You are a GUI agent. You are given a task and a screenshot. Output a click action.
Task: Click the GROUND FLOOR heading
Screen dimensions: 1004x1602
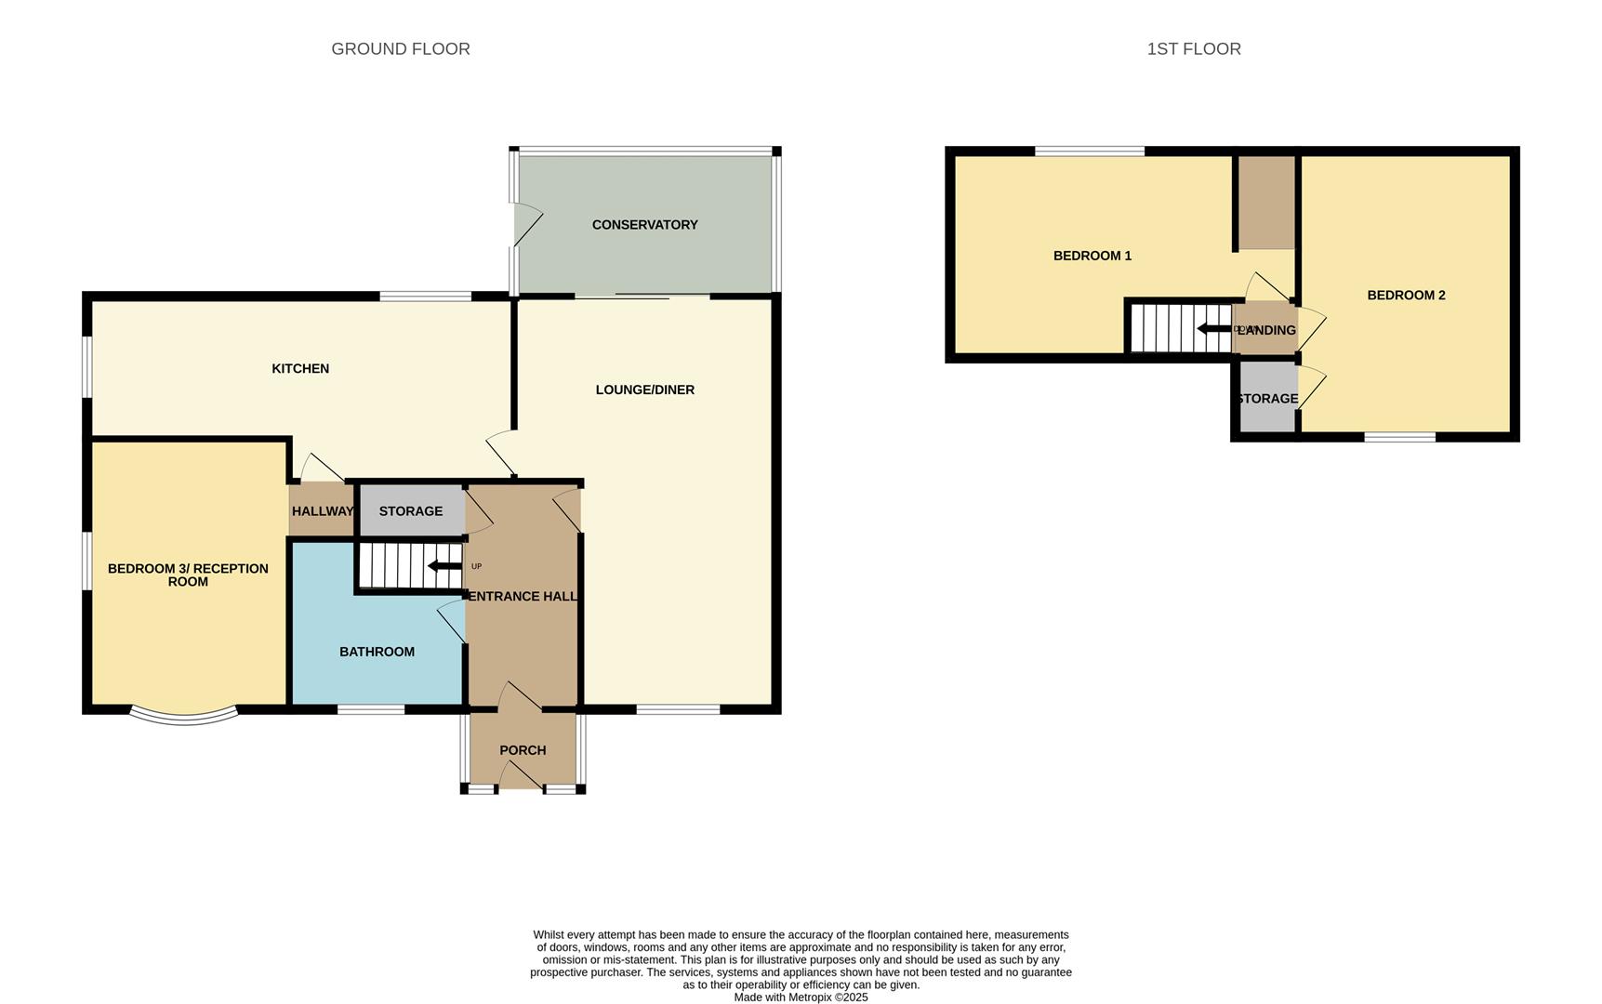[401, 48]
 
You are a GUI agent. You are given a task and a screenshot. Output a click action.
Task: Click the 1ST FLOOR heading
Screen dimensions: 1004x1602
[1193, 48]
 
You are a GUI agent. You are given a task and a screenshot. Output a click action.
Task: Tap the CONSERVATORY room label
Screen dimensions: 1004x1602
[644, 225]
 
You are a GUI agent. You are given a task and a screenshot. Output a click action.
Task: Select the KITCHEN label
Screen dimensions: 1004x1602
[300, 369]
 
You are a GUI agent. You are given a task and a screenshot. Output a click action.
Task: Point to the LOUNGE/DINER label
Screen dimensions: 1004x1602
[644, 390]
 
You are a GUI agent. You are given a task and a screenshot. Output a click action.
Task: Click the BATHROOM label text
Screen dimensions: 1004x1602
[377, 652]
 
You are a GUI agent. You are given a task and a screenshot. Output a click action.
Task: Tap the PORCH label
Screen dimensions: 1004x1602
[523, 750]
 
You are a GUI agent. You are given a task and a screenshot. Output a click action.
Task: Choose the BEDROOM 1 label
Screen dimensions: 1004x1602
[1092, 256]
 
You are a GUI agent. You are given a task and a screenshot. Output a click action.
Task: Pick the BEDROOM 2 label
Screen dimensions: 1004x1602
[1406, 296]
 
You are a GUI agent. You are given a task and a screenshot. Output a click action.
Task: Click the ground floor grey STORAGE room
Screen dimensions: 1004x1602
[411, 511]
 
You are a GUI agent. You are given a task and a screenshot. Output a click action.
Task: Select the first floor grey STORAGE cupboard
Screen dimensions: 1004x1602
[1267, 399]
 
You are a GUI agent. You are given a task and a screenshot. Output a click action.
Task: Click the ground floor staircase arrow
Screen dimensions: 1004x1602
[444, 566]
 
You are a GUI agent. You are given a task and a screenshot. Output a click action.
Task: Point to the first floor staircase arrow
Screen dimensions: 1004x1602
[1213, 329]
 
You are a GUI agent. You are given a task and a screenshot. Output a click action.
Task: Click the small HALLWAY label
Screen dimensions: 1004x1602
[322, 511]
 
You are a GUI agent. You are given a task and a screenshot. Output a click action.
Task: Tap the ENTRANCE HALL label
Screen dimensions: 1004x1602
[522, 597]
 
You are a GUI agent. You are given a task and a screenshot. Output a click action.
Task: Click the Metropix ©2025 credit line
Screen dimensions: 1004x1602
[801, 997]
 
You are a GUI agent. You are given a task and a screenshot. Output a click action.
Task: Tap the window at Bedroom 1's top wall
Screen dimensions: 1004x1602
[1089, 151]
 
